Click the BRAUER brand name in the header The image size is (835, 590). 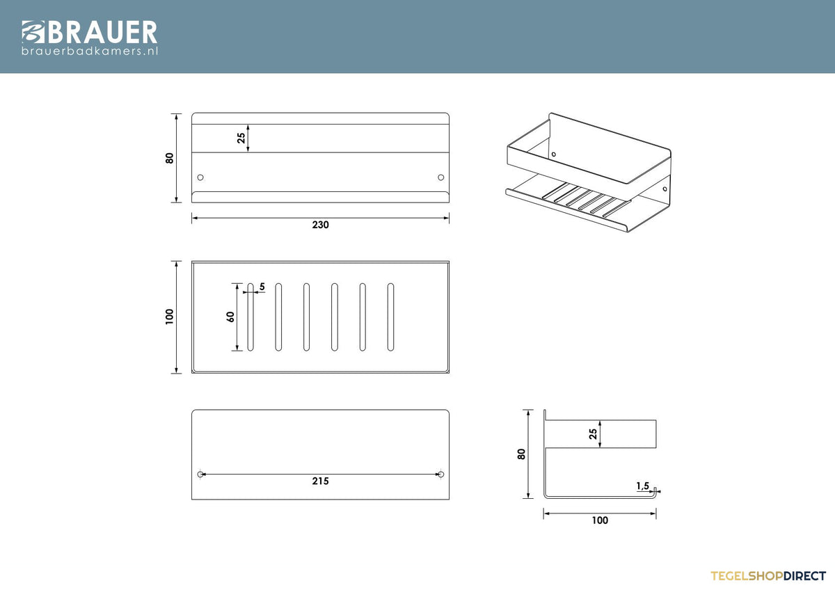tap(102, 32)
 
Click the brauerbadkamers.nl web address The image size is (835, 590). tap(90, 51)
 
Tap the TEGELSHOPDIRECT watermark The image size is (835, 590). tap(768, 576)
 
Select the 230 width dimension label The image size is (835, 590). tap(321, 225)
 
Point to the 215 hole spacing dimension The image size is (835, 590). tap(321, 481)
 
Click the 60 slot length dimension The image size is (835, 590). tap(230, 317)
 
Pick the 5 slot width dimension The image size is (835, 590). tap(262, 287)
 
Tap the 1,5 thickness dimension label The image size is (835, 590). tap(643, 486)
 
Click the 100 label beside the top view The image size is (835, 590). tap(169, 317)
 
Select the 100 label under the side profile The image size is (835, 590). tap(600, 520)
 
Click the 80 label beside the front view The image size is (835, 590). tap(169, 158)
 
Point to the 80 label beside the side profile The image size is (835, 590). tap(521, 454)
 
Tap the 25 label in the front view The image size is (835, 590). tap(241, 138)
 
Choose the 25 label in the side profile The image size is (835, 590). tap(593, 434)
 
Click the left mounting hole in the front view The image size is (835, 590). tap(200, 177)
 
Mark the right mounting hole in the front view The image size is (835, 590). tap(441, 177)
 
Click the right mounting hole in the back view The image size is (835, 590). tap(441, 475)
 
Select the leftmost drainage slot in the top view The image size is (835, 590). tap(250, 317)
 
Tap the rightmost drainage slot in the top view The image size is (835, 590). tap(390, 317)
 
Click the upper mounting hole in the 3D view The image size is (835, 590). tap(554, 154)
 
